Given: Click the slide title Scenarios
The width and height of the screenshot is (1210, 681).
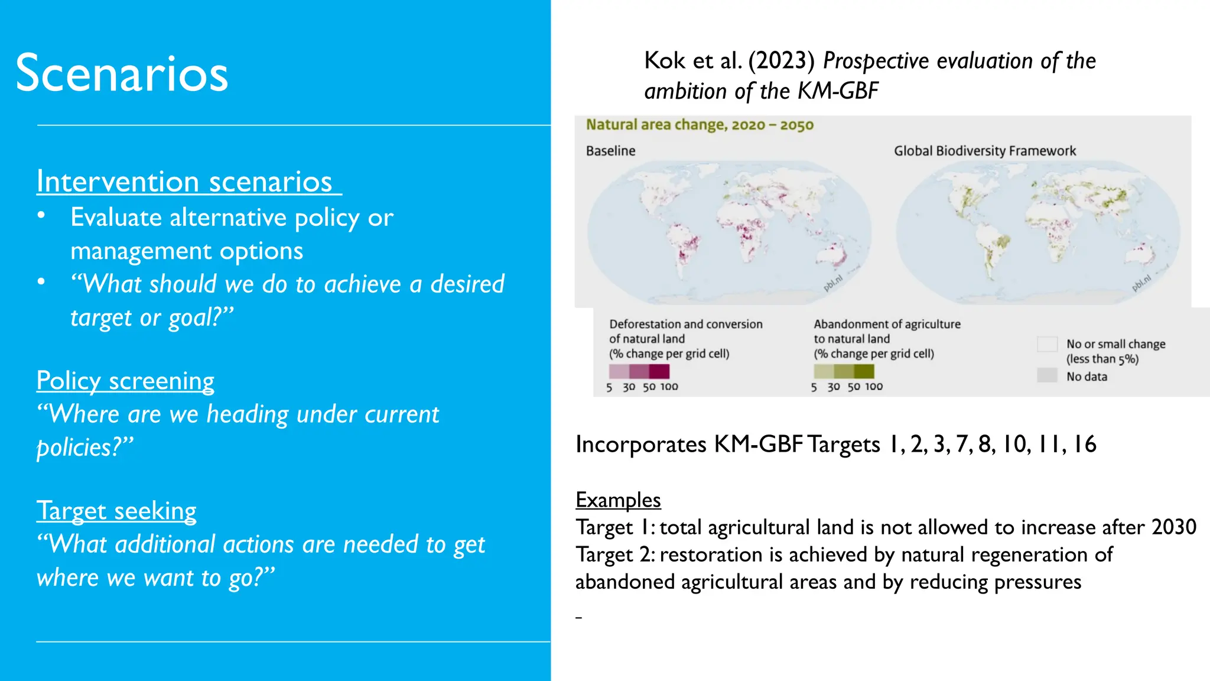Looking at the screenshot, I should pyautogui.click(x=122, y=74).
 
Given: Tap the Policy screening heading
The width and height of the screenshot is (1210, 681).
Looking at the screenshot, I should pyautogui.click(x=125, y=381).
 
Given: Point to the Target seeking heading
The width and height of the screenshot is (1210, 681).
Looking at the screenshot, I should pyautogui.click(x=116, y=511).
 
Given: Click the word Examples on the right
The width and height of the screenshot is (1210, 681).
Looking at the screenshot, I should pyautogui.click(x=618, y=500).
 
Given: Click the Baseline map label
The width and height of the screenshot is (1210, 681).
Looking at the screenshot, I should pyautogui.click(x=610, y=151).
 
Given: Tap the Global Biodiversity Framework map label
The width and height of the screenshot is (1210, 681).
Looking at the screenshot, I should pyautogui.click(x=984, y=151).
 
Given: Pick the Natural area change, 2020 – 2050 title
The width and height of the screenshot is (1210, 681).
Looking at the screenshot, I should pyautogui.click(x=700, y=125).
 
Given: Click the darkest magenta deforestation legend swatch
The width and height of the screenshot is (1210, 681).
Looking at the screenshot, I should pyautogui.click(x=659, y=371).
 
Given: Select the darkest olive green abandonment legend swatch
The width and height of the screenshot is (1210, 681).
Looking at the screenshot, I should pyautogui.click(x=864, y=371).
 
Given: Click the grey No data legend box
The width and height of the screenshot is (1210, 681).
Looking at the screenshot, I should pyautogui.click(x=1047, y=375).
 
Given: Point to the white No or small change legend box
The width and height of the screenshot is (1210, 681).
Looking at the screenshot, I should pyautogui.click(x=1047, y=344).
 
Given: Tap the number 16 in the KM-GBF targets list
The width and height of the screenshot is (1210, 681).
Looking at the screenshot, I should pyautogui.click(x=1085, y=445).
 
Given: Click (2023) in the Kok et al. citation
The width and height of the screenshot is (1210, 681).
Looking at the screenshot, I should pyautogui.click(x=781, y=61).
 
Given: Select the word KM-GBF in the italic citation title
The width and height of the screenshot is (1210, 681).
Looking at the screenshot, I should pyautogui.click(x=838, y=92).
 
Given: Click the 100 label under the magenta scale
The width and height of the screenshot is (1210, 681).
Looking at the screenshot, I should pyautogui.click(x=669, y=387).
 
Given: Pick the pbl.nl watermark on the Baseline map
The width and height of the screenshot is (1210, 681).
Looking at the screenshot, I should pyautogui.click(x=832, y=283).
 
